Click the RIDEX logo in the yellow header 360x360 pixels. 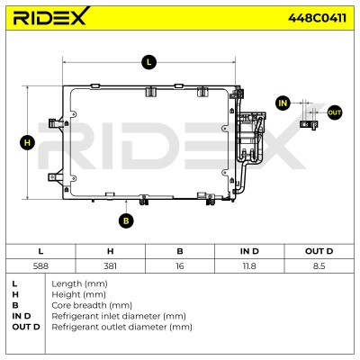coord(51,16)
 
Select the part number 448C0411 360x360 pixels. coord(317,18)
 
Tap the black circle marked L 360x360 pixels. coord(148,62)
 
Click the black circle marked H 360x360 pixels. coord(27,142)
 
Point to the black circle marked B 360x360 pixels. coord(126,220)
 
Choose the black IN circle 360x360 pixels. coord(283,103)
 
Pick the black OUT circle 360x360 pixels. coord(334,112)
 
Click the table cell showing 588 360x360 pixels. coord(40,265)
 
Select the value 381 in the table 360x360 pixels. coord(110,265)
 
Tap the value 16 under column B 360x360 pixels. coord(180,265)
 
